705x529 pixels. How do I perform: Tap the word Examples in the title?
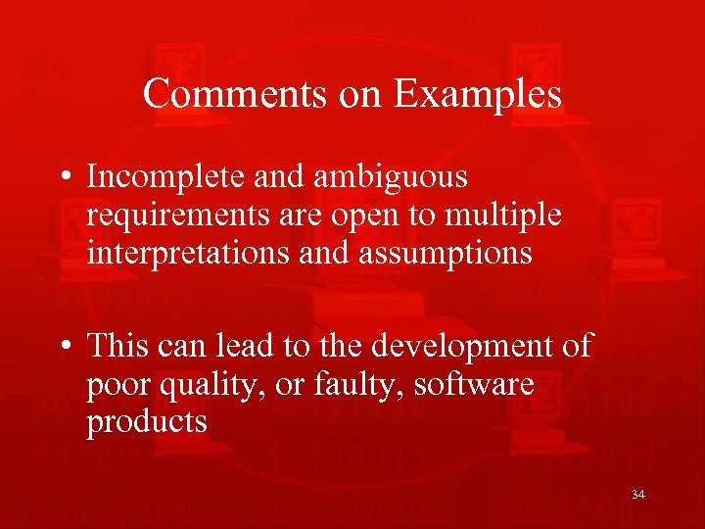pyautogui.click(x=478, y=94)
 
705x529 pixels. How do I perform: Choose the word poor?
pyautogui.click(x=117, y=385)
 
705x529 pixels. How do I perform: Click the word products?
pyautogui.click(x=147, y=422)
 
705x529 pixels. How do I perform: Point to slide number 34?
pyautogui.click(x=638, y=495)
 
